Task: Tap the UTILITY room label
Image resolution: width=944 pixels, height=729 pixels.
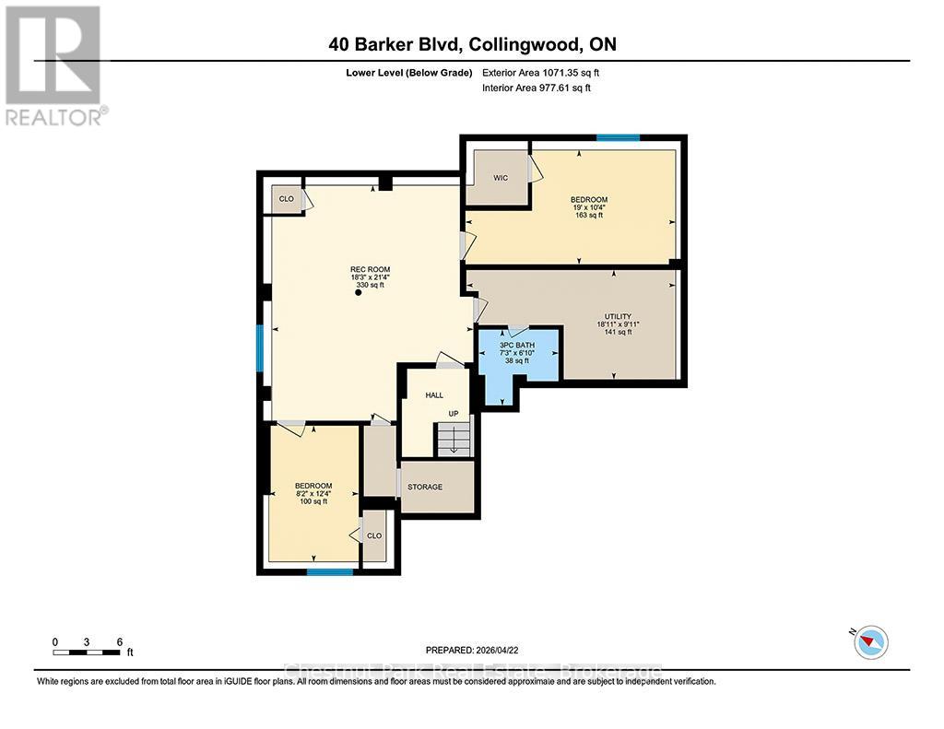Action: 617,316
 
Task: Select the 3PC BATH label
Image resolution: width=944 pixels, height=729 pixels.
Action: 517,345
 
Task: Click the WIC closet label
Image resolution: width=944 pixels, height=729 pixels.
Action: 501,178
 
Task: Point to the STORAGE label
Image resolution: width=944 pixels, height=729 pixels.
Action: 425,487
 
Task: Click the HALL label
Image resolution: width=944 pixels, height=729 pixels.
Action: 434,394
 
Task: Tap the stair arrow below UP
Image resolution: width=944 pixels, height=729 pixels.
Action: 453,444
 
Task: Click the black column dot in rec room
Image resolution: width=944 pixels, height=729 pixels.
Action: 359,294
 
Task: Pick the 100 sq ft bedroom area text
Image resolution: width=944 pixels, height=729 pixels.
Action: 313,501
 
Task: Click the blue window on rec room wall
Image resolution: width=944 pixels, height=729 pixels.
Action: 261,347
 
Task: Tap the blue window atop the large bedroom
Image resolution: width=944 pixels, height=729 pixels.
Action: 617,138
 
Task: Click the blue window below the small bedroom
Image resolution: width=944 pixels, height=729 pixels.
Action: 329,571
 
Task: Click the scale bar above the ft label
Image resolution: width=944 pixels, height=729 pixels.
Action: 87,652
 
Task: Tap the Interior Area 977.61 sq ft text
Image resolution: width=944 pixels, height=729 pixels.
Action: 537,88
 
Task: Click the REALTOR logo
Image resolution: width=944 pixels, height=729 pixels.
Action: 53,65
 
